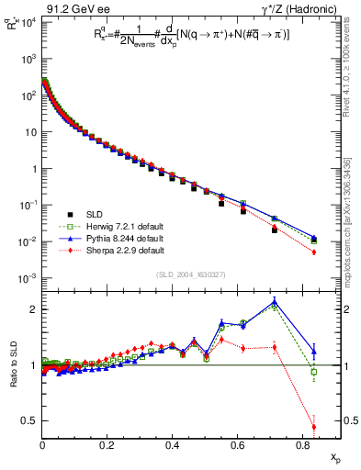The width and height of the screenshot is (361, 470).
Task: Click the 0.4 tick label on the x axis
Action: coord(173,444)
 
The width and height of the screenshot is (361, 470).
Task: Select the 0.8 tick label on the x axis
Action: coord(302,444)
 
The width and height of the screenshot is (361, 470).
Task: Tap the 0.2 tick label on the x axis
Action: coord(107,444)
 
